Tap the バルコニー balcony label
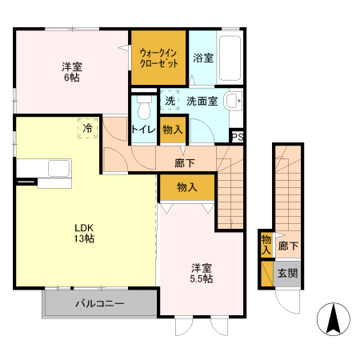point(100,303)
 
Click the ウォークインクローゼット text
point(158,58)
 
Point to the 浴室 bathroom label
point(203,58)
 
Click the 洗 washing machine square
point(170,102)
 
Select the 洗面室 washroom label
point(202,102)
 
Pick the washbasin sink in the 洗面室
point(231,102)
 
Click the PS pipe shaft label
point(238,137)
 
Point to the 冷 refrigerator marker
point(86,127)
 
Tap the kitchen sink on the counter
point(60,169)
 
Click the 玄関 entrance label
point(288,273)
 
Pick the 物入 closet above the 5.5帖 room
point(187,186)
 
